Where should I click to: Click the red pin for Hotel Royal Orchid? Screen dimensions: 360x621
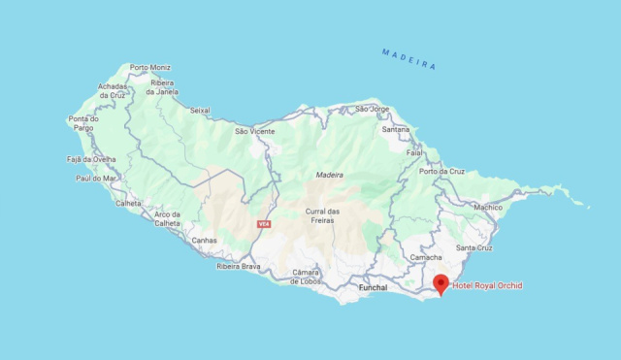[x=441, y=283]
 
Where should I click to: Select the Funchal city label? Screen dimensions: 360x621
[x=373, y=287]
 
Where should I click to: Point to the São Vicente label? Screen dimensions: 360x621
[x=254, y=130]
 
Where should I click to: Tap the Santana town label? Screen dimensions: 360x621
[x=395, y=129]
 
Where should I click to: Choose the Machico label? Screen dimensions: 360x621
[x=487, y=207]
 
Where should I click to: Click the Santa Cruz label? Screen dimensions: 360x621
[x=474, y=247]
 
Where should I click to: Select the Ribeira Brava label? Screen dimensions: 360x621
[x=238, y=266]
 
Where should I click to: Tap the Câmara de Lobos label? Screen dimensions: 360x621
[x=306, y=277]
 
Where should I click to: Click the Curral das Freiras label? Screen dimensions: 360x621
[x=321, y=215]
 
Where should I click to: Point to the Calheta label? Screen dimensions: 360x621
[x=128, y=203]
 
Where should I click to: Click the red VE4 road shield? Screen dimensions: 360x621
[x=263, y=224]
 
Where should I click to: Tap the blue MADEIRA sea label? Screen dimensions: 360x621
[x=409, y=58]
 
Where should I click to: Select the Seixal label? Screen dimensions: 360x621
[x=200, y=110]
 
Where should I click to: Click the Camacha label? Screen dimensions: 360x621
[x=426, y=257]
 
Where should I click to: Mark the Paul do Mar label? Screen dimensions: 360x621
[x=96, y=179]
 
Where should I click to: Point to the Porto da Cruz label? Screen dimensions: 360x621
[x=441, y=171]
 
